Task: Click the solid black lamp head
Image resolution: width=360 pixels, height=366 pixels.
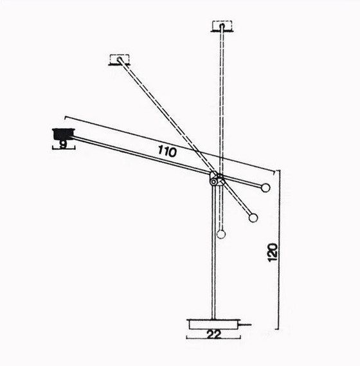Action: tap(63, 133)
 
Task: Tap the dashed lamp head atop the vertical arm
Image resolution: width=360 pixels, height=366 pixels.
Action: tap(222, 26)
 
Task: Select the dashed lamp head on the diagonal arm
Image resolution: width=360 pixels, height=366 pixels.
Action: tap(120, 59)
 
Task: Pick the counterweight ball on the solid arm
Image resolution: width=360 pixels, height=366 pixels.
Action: tap(265, 188)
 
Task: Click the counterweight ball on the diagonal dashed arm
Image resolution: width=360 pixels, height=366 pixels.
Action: tap(253, 218)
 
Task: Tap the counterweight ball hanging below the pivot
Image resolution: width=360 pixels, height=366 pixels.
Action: tap(221, 234)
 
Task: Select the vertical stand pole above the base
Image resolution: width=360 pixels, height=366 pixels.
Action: tap(213, 257)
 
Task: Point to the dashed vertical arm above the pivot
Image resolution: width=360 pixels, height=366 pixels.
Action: tap(222, 96)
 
